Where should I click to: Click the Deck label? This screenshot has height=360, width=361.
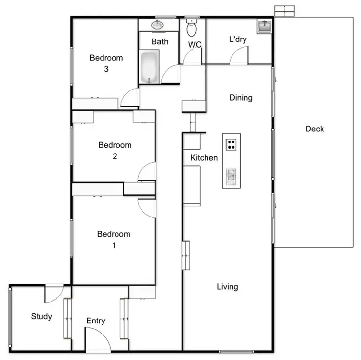point(315,129)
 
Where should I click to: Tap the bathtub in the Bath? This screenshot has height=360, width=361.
point(149,68)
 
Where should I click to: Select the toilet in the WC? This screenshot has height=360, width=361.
point(192,28)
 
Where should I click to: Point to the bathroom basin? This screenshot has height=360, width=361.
point(157,25)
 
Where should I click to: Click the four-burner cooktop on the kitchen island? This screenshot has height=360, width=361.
point(232,144)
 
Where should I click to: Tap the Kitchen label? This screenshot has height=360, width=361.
point(204,158)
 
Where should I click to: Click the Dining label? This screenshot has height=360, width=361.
point(241,98)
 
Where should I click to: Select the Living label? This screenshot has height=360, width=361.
point(227,287)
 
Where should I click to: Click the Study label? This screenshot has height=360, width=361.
point(41,316)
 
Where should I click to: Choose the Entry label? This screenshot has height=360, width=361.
point(96,321)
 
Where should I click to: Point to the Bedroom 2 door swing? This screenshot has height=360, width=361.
point(147,172)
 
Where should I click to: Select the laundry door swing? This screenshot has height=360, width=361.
point(239,57)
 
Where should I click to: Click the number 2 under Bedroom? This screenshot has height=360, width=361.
point(115,156)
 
